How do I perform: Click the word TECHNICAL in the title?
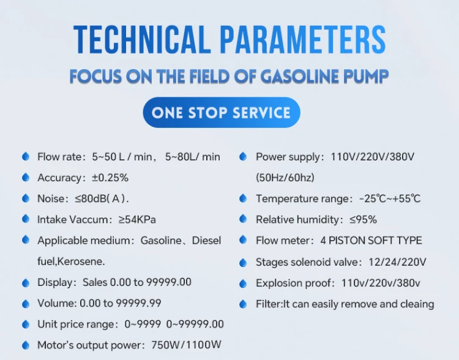pos(142,40)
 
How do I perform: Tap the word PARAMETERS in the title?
pos(303,40)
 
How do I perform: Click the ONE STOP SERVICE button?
pos(222,113)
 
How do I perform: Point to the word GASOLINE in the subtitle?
pos(299,77)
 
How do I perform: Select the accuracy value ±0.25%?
pos(110,178)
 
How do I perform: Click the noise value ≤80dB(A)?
pos(102,198)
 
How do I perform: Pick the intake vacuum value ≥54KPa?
pos(137,220)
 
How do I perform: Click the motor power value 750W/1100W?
pos(186,345)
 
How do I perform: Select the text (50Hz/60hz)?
pos(285,178)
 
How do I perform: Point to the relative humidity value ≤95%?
pos(363,220)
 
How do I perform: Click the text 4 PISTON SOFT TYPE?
pos(371,241)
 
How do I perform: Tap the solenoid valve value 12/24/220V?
pos(397,262)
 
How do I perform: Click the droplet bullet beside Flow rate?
pos(26,156)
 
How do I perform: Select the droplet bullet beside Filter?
pos(243,304)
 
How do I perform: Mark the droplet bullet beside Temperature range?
pos(243,198)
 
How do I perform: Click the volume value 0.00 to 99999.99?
pos(121,303)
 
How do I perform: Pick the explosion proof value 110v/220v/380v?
pos(381,283)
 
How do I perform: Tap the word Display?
pos(54,282)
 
